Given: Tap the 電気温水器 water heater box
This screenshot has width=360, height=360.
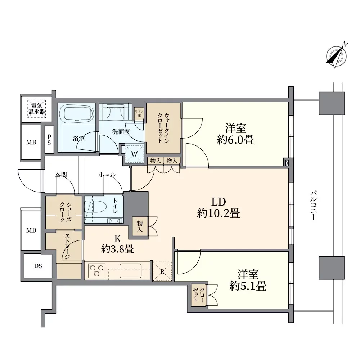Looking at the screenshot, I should pyautogui.click(x=37, y=109).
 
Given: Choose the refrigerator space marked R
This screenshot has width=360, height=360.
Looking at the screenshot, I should pyautogui.click(x=162, y=271).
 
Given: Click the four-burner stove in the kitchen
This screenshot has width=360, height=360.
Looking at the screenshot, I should pyautogui.click(x=96, y=271).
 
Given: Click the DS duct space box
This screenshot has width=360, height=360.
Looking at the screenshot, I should pyautogui.click(x=38, y=266).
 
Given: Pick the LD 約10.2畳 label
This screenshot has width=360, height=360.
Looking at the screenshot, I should pyautogui.click(x=219, y=208).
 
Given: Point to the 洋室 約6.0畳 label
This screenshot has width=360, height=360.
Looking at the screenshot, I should pyautogui.click(x=236, y=134).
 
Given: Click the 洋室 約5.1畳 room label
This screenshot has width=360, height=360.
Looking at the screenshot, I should pyautogui.click(x=248, y=281).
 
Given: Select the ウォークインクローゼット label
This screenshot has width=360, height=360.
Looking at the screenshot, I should pyautogui.click(x=163, y=129).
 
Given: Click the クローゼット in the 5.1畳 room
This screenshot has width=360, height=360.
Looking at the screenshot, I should pyautogui.click(x=199, y=296).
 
